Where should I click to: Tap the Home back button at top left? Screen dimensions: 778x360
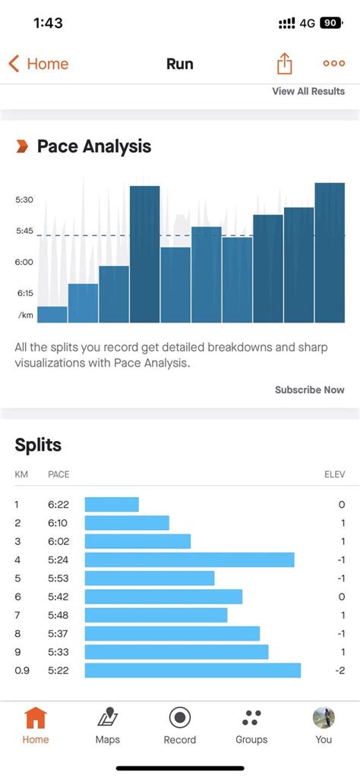point(38,64)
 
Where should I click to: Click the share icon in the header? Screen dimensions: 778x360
point(284,64)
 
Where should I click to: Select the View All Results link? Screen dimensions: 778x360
point(308,91)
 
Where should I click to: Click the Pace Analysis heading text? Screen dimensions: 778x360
point(94,146)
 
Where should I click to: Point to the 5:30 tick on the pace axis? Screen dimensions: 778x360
point(24,200)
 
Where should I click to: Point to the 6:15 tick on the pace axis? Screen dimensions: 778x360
point(24,293)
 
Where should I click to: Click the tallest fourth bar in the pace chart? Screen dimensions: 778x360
point(144,254)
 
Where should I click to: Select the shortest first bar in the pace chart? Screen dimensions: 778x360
point(52,314)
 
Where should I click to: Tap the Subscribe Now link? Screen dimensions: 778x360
point(309,389)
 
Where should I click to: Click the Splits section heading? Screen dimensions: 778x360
point(38,445)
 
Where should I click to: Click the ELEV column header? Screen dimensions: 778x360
point(334,474)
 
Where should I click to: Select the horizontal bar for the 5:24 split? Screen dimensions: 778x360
point(189,559)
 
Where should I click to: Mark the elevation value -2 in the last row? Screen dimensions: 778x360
point(341,670)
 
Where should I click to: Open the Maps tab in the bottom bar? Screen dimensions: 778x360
point(107,725)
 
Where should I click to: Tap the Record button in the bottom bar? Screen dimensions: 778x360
point(180,725)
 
